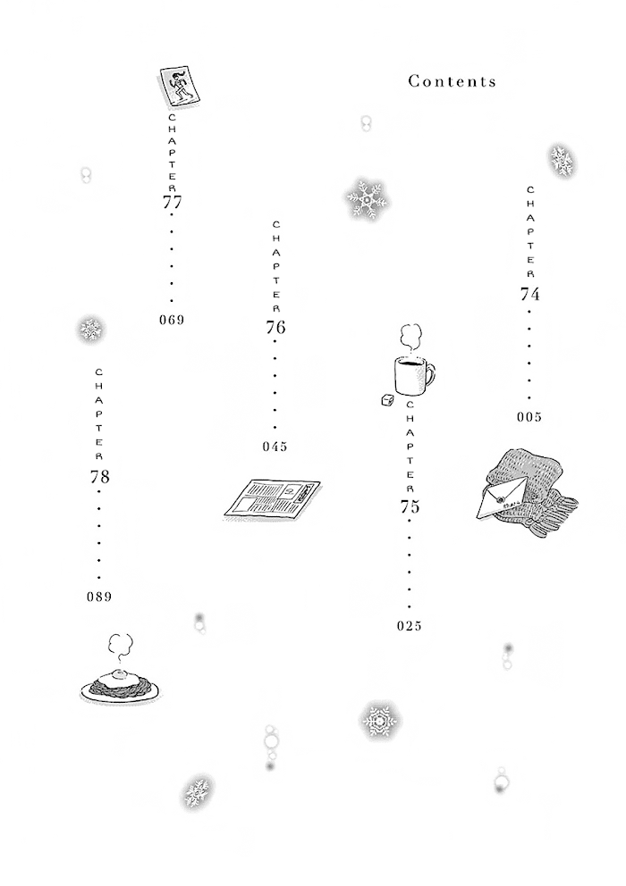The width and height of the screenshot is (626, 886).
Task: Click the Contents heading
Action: pos(452,81)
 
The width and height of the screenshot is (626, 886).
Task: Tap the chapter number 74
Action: pos(529,295)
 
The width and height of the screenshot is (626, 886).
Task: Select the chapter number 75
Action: pos(410,506)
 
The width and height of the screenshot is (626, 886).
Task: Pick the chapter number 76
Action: pos(275,327)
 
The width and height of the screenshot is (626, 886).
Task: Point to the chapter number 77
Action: pos(172,202)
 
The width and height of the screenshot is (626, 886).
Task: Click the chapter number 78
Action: pos(99,477)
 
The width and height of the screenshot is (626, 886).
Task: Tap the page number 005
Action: pos(529,417)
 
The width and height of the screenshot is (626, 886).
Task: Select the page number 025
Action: pos(410,625)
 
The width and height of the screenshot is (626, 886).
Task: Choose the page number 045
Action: pos(275,447)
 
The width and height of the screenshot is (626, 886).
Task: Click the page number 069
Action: pos(172,320)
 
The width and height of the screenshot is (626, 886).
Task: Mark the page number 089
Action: pos(99,596)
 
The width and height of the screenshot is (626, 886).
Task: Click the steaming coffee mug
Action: pos(414,375)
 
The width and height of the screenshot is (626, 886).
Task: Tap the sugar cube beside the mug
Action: pos(388,400)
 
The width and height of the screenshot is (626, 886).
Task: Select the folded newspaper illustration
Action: pos(272,499)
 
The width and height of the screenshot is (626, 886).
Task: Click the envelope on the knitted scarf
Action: pos(502,497)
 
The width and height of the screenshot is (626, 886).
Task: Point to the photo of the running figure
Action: pos(180,87)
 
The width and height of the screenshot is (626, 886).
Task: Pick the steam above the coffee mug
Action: pos(410,338)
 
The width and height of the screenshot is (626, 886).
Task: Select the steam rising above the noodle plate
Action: pos(120,648)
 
